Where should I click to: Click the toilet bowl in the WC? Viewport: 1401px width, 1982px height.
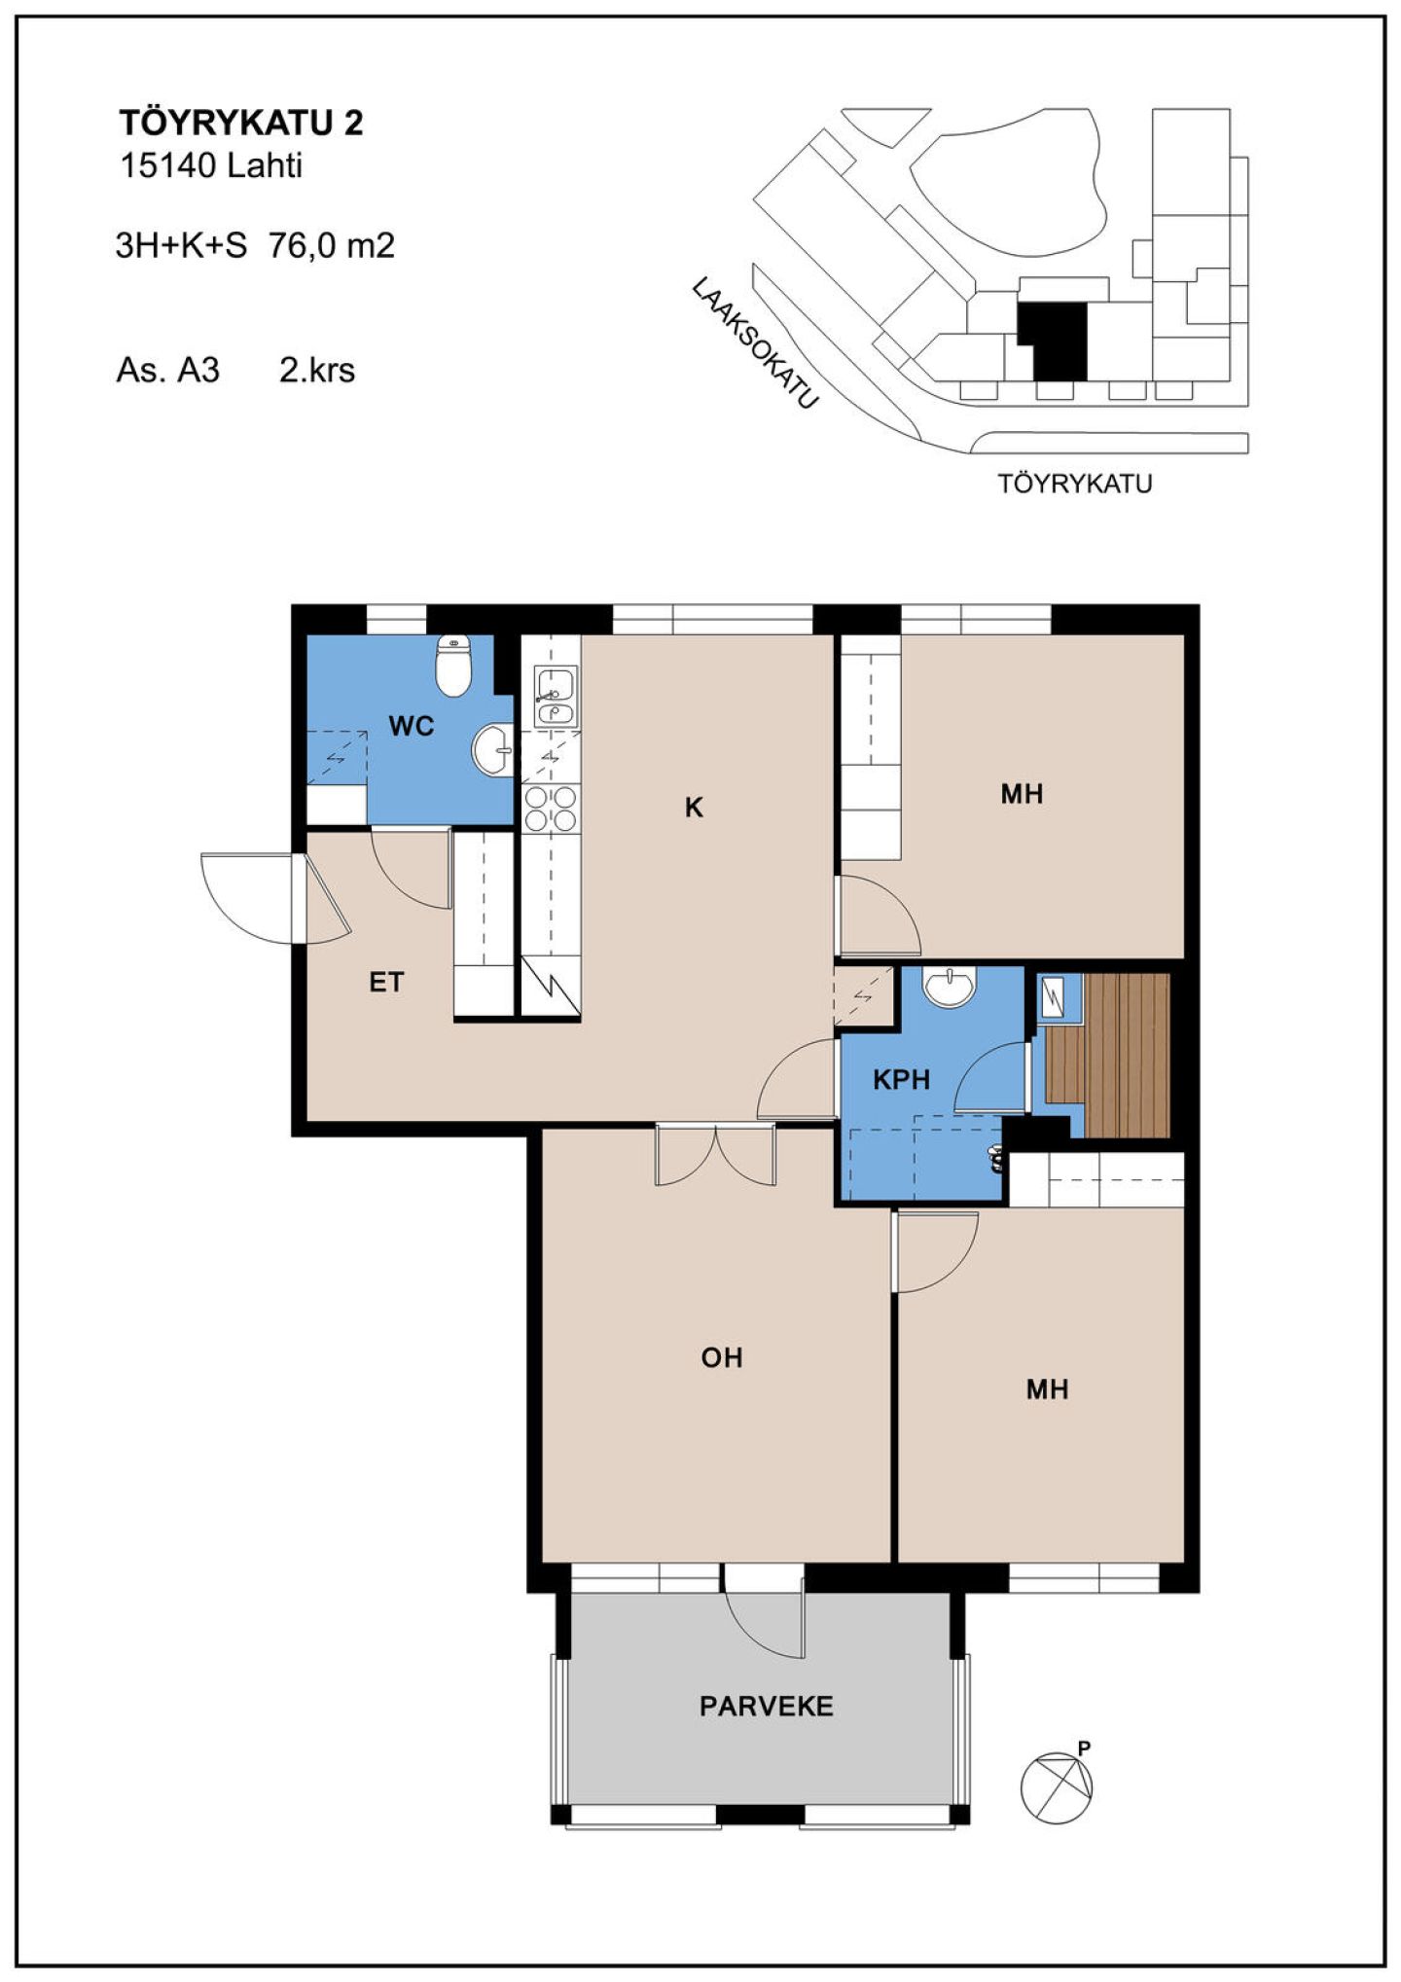(452, 666)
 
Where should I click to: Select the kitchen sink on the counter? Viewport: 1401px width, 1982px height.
(556, 697)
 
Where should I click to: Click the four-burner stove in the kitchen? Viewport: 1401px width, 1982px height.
(551, 809)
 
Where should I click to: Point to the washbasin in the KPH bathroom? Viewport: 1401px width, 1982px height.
(948, 987)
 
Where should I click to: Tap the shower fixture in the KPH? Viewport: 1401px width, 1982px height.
(995, 1159)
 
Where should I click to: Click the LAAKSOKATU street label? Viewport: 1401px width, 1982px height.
(755, 342)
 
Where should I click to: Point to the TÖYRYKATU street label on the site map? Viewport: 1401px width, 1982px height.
(1075, 484)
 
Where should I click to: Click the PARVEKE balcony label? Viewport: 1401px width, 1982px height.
(767, 1706)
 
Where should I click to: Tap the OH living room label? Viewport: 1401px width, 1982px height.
(722, 1357)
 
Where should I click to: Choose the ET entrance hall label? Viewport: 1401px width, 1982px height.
(386, 983)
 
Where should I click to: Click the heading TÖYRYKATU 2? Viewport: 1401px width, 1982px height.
(241, 123)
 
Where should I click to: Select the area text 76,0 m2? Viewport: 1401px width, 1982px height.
(332, 245)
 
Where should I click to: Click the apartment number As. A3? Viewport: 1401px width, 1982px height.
(167, 370)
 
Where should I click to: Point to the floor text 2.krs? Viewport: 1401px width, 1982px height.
(317, 370)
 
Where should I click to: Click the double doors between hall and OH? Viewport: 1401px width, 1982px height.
(716, 1156)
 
